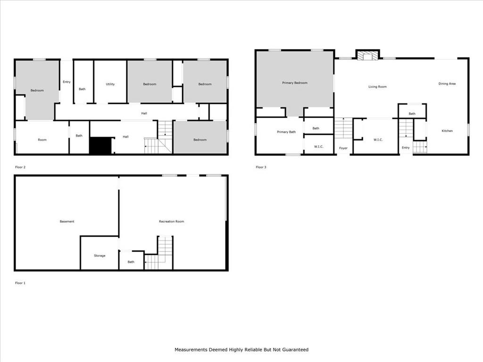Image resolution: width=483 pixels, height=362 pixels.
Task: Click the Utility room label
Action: pyautogui.click(x=110, y=84)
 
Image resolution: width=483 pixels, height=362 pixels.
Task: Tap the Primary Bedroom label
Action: pyautogui.click(x=295, y=83)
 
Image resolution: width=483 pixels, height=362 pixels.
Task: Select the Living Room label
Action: pyautogui.click(x=377, y=87)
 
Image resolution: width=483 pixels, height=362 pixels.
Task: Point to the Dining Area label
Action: pyautogui.click(x=447, y=84)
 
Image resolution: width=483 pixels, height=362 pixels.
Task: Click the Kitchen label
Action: pyautogui.click(x=447, y=131)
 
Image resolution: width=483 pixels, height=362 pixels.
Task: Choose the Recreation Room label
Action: pyautogui.click(x=171, y=222)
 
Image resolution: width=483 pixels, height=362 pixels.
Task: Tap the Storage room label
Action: pyautogui.click(x=100, y=255)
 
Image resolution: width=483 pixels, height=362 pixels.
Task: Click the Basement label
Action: pyautogui.click(x=67, y=222)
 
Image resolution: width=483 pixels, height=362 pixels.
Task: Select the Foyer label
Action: pyautogui.click(x=343, y=148)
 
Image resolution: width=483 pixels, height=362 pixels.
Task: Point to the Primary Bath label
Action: pyautogui.click(x=286, y=132)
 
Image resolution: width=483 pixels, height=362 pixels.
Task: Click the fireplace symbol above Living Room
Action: pyautogui.click(x=367, y=55)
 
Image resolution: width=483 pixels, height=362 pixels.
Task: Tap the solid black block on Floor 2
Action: pyautogui.click(x=100, y=145)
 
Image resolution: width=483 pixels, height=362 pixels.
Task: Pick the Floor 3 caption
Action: pyautogui.click(x=261, y=167)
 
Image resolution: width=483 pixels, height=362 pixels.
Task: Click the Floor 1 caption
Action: pyautogui.click(x=20, y=283)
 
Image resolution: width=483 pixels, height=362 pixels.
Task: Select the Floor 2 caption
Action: pyautogui.click(x=20, y=167)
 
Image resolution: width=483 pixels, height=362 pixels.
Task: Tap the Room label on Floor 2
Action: pyautogui.click(x=42, y=140)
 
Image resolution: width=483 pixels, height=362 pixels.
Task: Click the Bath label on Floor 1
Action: pyautogui.click(x=131, y=262)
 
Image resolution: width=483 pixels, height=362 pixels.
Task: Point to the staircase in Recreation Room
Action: pyautogui.click(x=158, y=253)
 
